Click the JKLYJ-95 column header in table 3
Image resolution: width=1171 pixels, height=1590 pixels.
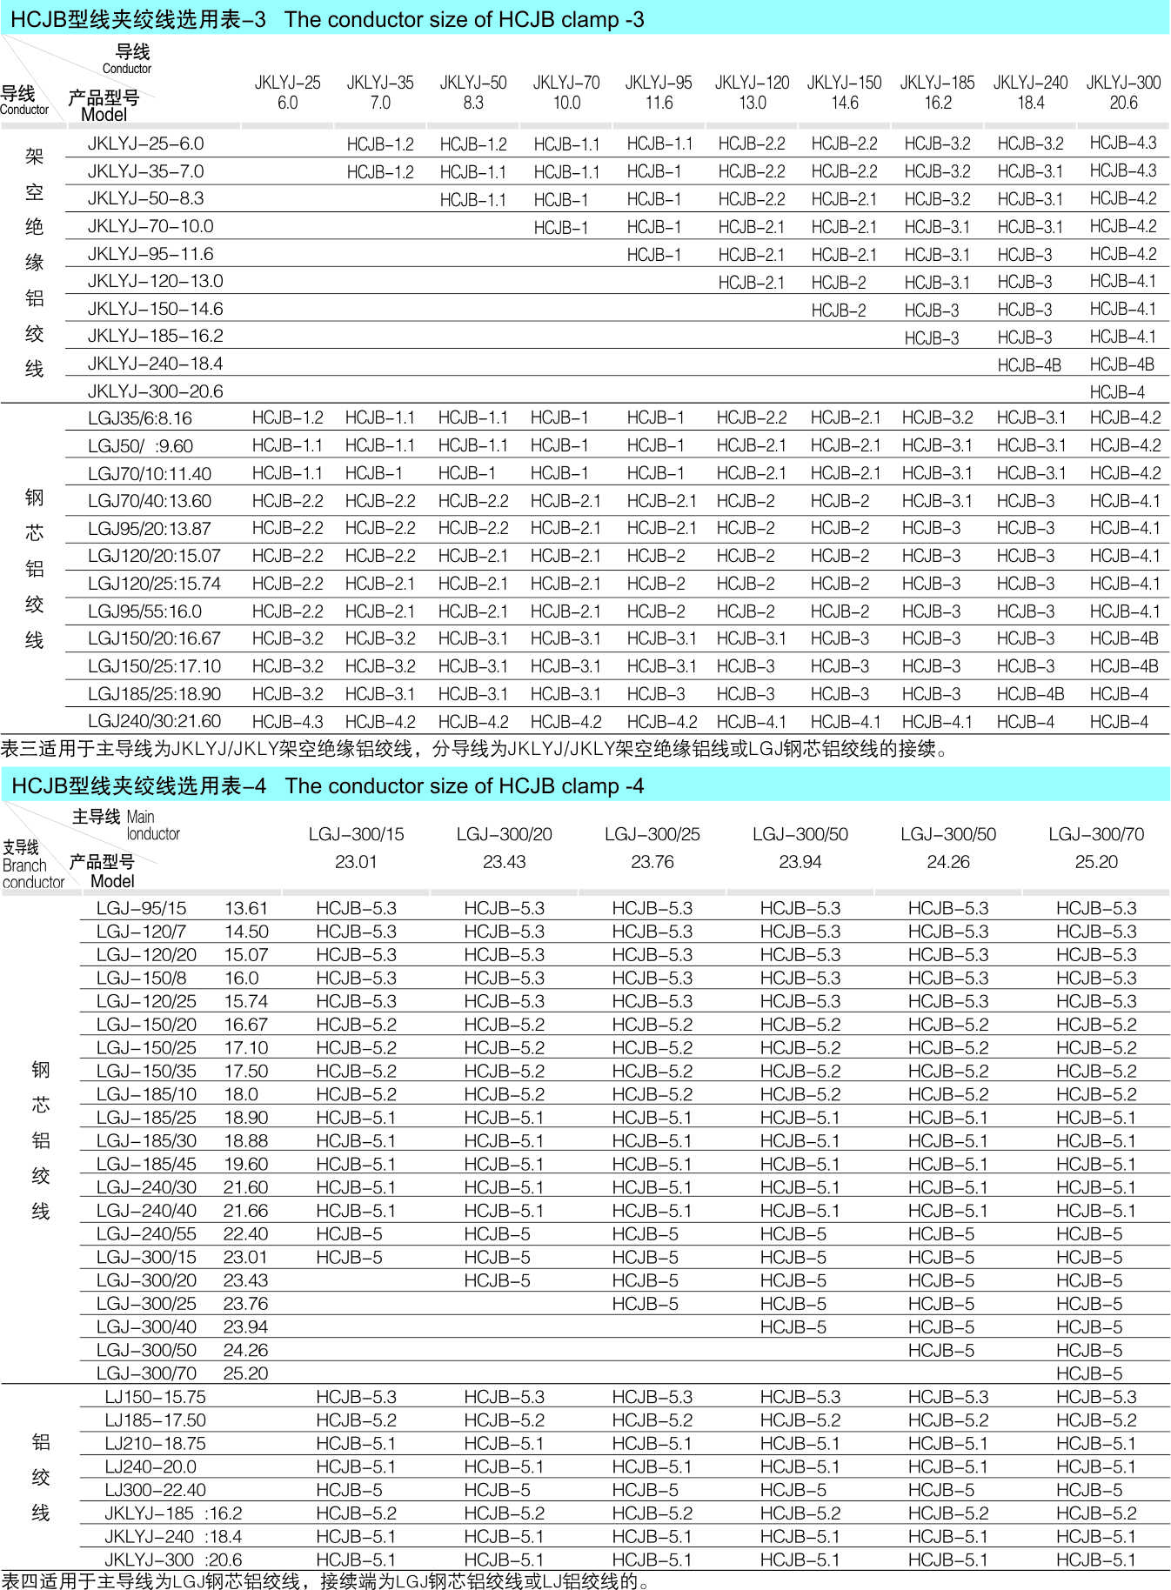[x=659, y=92]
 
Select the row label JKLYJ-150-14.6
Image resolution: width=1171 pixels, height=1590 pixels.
[x=155, y=309]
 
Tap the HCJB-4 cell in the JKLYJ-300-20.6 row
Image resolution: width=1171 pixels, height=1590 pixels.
[x=1117, y=391]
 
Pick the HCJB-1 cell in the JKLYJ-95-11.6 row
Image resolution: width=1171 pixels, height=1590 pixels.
[x=653, y=255]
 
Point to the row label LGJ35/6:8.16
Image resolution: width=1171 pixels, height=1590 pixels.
[x=140, y=418]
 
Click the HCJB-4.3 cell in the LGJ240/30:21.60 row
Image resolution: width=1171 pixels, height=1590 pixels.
[x=287, y=721]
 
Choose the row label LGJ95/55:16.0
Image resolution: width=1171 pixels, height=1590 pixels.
[x=144, y=611]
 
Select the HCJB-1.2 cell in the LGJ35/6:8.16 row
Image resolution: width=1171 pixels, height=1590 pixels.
[x=287, y=418]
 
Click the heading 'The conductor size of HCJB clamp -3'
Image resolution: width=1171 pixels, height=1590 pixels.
[x=464, y=19]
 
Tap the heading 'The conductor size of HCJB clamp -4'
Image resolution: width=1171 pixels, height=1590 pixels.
[x=464, y=785]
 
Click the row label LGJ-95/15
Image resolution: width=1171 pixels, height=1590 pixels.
[x=141, y=908]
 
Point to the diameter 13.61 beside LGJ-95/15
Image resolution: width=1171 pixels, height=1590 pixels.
[x=246, y=908]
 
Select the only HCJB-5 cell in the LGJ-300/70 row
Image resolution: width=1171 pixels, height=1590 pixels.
[x=1088, y=1373]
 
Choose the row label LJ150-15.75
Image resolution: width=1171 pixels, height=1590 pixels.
[x=155, y=1397]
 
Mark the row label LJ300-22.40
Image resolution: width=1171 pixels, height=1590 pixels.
[x=155, y=1490]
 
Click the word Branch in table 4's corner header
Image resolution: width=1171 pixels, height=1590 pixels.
[x=24, y=865]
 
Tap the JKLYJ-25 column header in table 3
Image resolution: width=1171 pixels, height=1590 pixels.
[x=287, y=92]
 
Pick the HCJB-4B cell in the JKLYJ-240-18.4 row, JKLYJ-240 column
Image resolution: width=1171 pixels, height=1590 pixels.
[x=1029, y=365]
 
